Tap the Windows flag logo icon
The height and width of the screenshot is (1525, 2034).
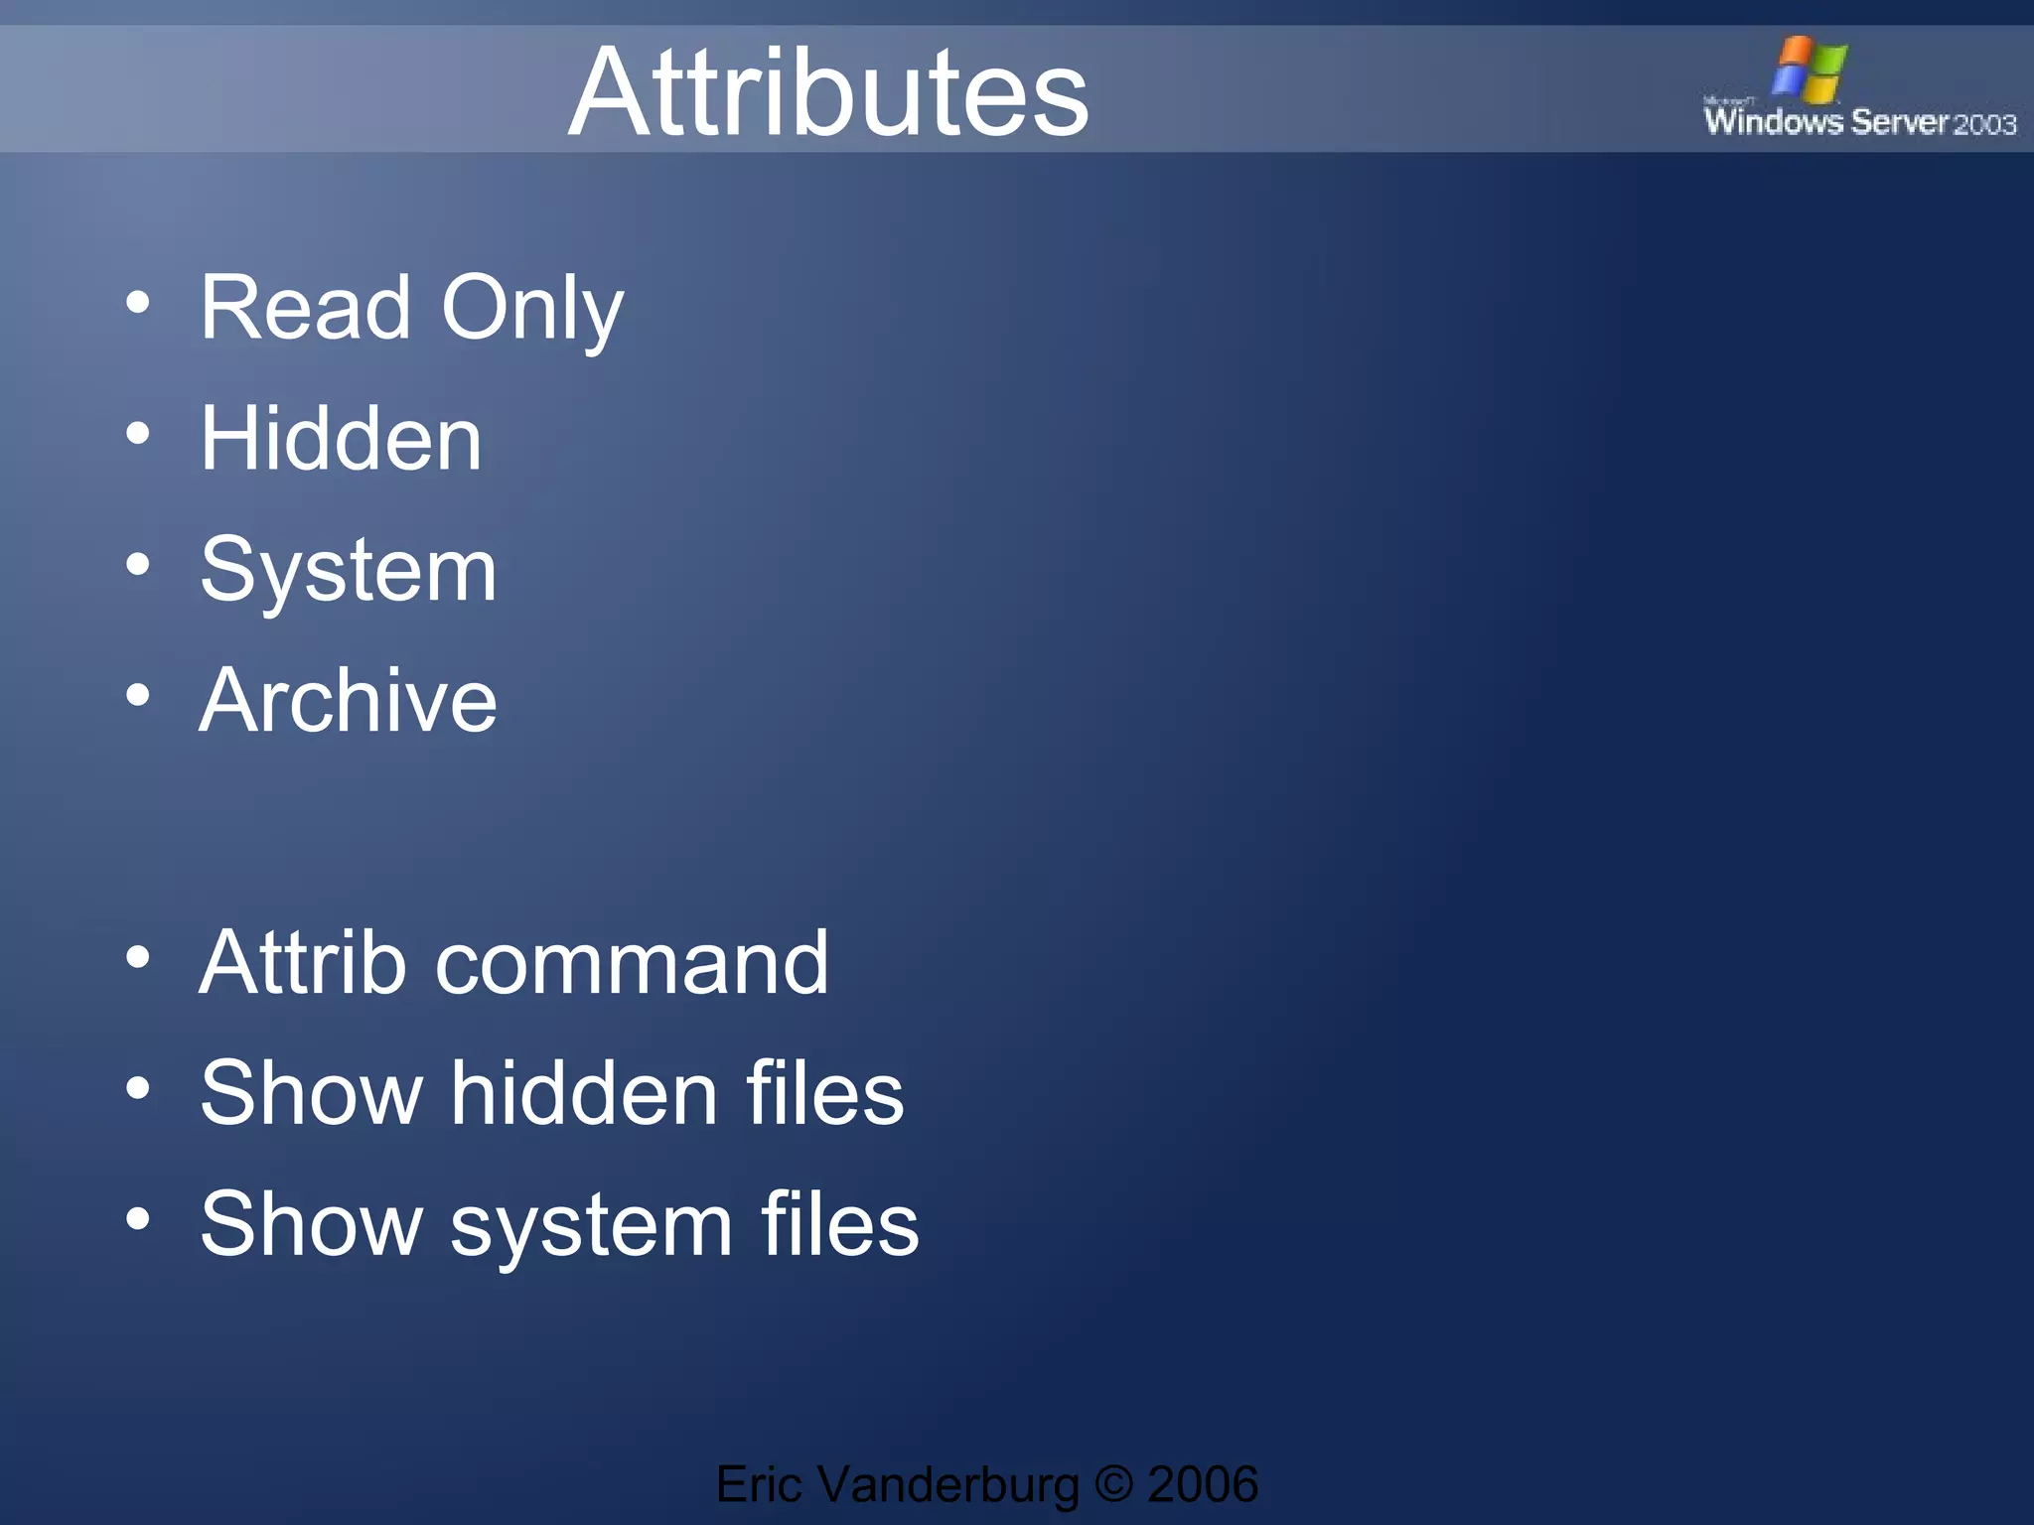click(1810, 69)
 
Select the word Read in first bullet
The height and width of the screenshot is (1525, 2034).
click(305, 308)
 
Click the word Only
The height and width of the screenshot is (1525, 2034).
click(531, 310)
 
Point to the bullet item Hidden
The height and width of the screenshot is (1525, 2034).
click(341, 439)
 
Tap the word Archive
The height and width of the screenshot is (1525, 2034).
click(348, 701)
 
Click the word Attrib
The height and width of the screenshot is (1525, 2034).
click(303, 962)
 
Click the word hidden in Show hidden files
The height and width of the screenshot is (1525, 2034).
click(585, 1093)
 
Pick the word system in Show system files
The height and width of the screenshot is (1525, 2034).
click(592, 1227)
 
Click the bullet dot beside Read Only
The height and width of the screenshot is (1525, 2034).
click(138, 303)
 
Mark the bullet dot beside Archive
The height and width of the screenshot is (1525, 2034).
click(138, 696)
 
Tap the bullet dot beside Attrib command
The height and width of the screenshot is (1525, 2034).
click(138, 957)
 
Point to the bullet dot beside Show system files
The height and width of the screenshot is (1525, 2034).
click(138, 1219)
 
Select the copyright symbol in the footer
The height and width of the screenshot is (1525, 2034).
click(1113, 1484)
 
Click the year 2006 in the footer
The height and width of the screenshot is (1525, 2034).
click(1203, 1484)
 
